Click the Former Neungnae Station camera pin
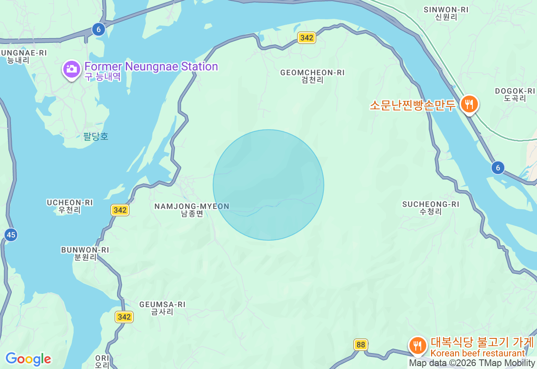pos(72,69)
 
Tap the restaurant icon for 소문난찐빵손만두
pos(469,104)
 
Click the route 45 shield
pos(11,234)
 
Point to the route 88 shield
pos(360,345)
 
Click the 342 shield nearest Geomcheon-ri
pos(307,38)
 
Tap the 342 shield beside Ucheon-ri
pos(120,210)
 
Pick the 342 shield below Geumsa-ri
pos(124,317)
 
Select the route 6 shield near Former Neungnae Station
pos(99,29)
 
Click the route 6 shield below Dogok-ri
pos(498,168)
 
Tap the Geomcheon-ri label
pos(312,76)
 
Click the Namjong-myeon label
pos(192,210)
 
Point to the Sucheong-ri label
pos(430,208)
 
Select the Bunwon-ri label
pos(85,253)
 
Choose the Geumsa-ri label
pos(162,308)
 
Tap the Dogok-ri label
pos(515,94)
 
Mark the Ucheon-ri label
pos(70,206)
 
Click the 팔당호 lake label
pos(96,136)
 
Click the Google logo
pos(28,359)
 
